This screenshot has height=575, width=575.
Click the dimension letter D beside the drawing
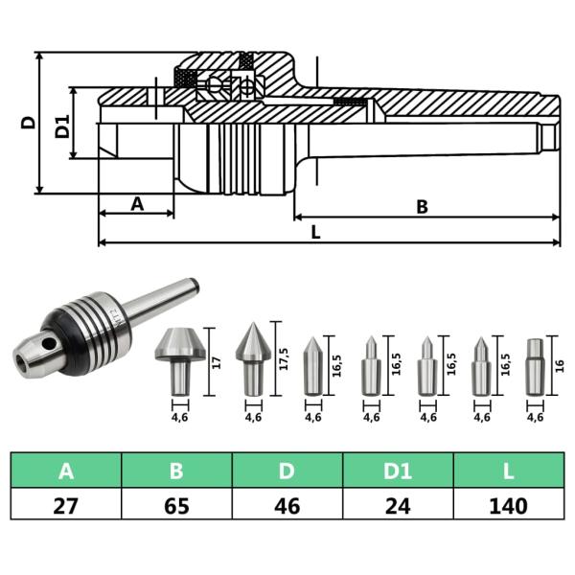click(29, 122)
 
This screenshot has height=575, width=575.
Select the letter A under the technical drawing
click(136, 203)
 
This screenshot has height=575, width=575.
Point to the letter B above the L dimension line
click(422, 205)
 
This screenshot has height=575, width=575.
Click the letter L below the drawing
click(315, 232)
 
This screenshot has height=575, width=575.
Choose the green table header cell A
click(66, 471)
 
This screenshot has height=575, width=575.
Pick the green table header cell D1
click(398, 471)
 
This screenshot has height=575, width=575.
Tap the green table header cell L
click(508, 471)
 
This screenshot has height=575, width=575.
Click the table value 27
click(66, 504)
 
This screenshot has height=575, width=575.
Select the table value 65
click(176, 504)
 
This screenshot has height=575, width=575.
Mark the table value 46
click(287, 504)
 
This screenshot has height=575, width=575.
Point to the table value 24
click(398, 504)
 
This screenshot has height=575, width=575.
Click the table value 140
click(508, 504)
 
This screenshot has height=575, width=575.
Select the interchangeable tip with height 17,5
click(253, 359)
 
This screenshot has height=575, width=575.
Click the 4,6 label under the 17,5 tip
click(253, 417)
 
